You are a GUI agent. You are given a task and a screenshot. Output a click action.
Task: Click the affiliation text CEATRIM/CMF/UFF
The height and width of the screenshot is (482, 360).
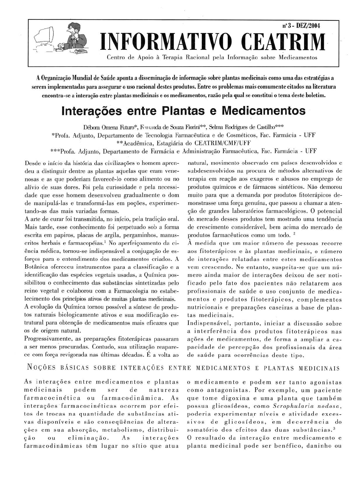click(x=222, y=143)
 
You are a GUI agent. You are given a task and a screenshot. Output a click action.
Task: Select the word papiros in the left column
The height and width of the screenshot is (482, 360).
click(x=59, y=235)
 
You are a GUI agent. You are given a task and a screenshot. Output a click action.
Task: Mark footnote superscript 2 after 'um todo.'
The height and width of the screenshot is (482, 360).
click(x=290, y=233)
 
